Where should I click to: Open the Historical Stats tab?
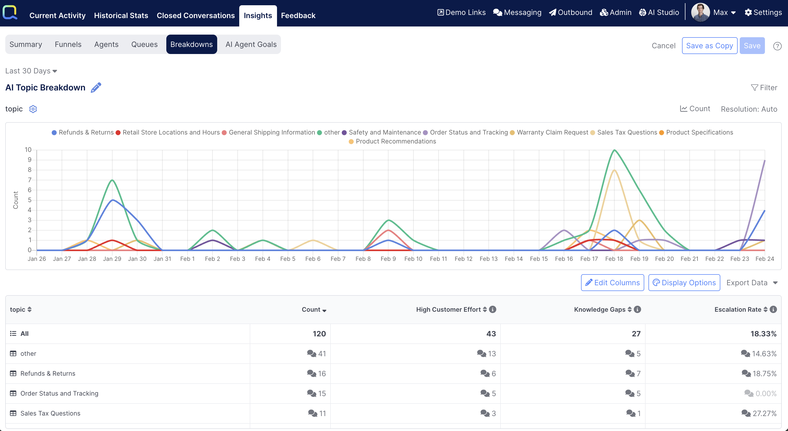(x=121, y=15)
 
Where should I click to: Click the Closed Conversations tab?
(x=195, y=15)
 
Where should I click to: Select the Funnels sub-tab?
(x=68, y=44)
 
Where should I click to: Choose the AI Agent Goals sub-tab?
(x=251, y=44)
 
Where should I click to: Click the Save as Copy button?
(x=709, y=46)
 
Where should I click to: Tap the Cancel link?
(x=663, y=46)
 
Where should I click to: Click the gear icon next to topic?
(x=33, y=109)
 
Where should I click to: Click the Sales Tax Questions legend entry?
(x=626, y=132)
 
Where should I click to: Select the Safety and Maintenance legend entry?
(x=384, y=132)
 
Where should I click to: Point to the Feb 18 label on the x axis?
(x=614, y=259)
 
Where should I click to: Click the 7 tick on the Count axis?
(x=29, y=180)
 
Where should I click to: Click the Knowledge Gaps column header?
(x=600, y=309)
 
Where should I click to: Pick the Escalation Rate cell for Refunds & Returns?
(x=764, y=373)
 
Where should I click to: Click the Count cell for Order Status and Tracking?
(x=321, y=394)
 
